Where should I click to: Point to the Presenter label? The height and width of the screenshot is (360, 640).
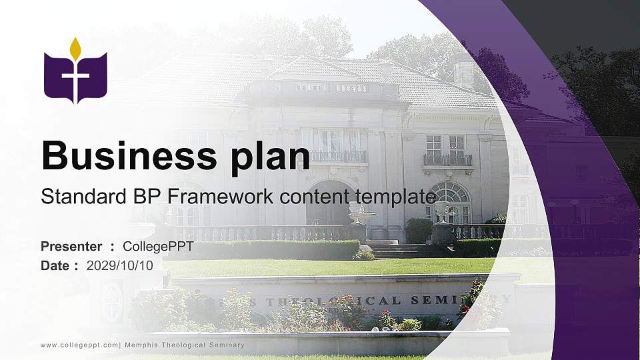(x=71, y=247)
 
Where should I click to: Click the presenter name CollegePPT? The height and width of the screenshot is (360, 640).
(x=158, y=247)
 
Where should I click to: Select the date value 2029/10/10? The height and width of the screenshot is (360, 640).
(x=119, y=265)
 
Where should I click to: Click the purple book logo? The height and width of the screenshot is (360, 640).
(x=75, y=77)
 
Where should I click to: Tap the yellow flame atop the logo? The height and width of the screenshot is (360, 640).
(x=75, y=49)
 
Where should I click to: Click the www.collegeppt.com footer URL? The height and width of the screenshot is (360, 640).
(x=79, y=345)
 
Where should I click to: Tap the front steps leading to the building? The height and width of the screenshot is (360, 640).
(x=393, y=250)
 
